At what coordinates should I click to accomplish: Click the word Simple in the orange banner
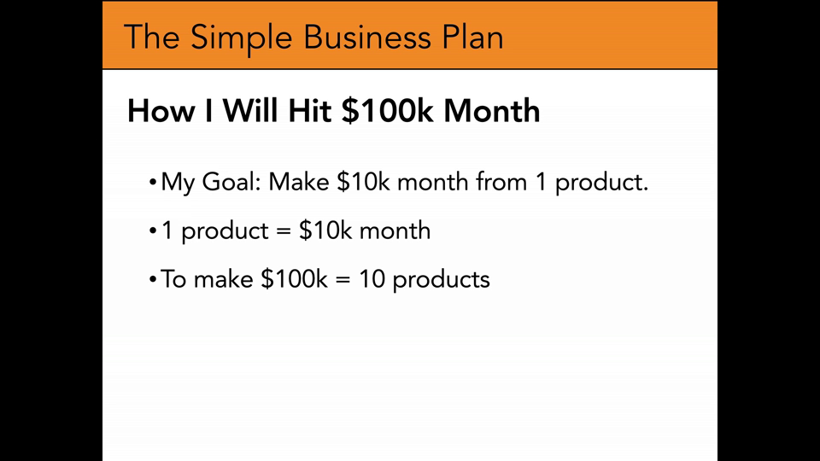click(241, 38)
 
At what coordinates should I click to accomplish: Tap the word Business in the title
click(367, 37)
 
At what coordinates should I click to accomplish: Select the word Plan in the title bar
click(472, 37)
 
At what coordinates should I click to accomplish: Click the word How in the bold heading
click(160, 111)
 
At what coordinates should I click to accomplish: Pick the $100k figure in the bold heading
click(388, 111)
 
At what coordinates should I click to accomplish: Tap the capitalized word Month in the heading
click(492, 111)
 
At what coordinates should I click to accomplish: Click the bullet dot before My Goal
click(153, 183)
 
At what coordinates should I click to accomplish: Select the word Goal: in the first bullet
click(231, 182)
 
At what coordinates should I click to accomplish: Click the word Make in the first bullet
click(299, 182)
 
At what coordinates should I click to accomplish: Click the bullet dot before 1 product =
click(153, 231)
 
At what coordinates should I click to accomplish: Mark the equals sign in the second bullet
click(283, 231)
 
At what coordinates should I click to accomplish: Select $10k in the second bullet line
click(325, 230)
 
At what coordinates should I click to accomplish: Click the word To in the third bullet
click(173, 279)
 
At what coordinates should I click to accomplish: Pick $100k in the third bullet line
click(294, 279)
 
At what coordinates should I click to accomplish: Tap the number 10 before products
click(372, 279)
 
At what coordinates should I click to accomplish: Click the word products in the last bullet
click(441, 281)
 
